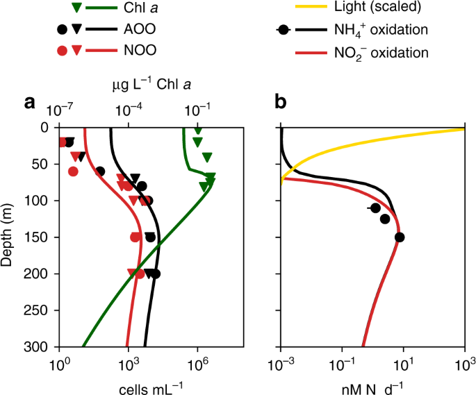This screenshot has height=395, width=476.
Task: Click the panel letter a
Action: click(30, 103)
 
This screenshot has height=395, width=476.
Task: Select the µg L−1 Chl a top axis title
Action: click(152, 85)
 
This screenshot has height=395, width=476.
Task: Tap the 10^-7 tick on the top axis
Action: click(60, 110)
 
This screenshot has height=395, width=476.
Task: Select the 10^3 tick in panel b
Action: click(463, 363)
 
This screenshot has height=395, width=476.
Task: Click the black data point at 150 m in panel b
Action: click(400, 237)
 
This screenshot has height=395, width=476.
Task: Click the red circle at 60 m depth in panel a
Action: click(73, 171)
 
